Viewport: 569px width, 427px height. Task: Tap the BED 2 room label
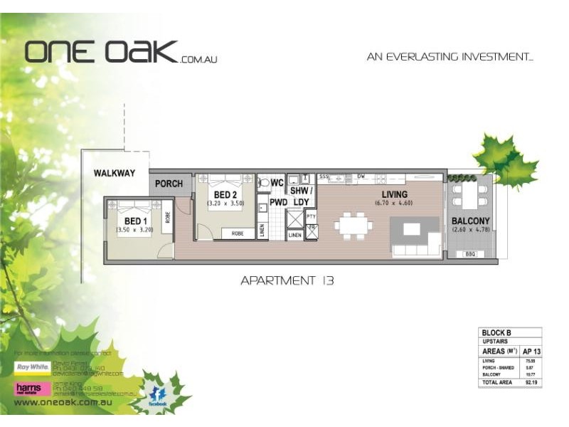pyautogui.click(x=225, y=195)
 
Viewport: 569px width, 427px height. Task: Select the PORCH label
pyautogui.click(x=169, y=184)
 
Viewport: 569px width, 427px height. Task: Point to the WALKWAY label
pyautogui.click(x=114, y=173)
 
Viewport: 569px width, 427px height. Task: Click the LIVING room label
pyautogui.click(x=394, y=194)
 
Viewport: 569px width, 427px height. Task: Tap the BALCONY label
pyautogui.click(x=470, y=221)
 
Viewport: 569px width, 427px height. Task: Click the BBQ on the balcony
pyautogui.click(x=470, y=254)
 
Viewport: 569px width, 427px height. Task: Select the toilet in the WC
pyautogui.click(x=264, y=183)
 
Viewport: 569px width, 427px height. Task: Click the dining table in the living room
pyautogui.click(x=354, y=226)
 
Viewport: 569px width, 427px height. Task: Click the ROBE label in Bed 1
pyautogui.click(x=168, y=217)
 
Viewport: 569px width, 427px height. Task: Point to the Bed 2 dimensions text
pyautogui.click(x=225, y=204)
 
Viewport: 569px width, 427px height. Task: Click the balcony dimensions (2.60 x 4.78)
pyautogui.click(x=470, y=230)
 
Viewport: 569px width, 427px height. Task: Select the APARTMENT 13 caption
pyautogui.click(x=287, y=280)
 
